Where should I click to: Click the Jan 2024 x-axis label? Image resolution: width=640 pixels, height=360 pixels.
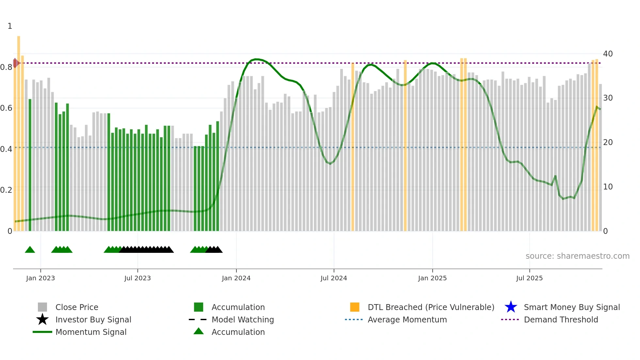(236, 278)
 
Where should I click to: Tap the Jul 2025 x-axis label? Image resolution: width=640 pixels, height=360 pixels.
(529, 278)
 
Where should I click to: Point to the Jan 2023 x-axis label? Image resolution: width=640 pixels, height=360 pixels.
(40, 278)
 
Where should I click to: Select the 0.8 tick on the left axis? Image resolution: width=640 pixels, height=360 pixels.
(6, 67)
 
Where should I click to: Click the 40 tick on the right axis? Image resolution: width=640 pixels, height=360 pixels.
(608, 54)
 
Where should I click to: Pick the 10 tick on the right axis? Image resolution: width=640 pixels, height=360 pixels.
(608, 187)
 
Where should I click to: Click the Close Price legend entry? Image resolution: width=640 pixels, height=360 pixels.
(77, 307)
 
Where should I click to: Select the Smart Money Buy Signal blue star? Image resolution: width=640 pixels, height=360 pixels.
(511, 307)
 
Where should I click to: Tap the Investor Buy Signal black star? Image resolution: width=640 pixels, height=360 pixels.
(42, 319)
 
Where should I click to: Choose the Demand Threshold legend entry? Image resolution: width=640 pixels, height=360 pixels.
(561, 319)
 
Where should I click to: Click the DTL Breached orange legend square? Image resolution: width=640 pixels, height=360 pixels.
(355, 307)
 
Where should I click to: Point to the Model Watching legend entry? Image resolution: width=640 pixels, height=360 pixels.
(243, 319)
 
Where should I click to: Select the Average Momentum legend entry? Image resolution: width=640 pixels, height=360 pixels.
(407, 319)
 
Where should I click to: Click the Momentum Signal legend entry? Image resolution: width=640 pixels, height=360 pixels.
(91, 332)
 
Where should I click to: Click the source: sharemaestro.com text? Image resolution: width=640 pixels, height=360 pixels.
(577, 256)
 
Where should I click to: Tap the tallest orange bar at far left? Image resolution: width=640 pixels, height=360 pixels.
(19, 131)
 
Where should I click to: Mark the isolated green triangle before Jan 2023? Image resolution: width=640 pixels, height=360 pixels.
(30, 250)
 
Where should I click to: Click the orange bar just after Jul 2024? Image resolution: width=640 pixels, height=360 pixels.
(353, 147)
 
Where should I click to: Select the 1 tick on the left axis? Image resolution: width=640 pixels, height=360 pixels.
(10, 26)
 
